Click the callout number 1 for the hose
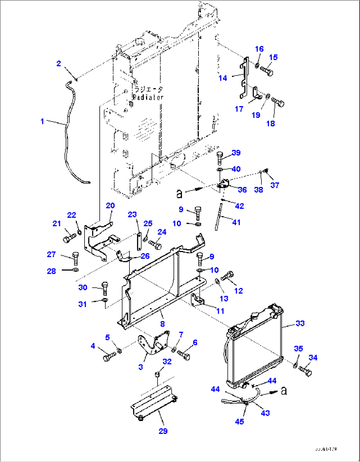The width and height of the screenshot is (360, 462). pos(42,122)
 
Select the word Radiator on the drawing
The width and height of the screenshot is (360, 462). pos(148,97)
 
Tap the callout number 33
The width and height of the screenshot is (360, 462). pos(300,323)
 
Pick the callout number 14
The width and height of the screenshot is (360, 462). pos(223,78)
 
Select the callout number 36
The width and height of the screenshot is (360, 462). pos(242,190)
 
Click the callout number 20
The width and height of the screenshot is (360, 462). pos(110,205)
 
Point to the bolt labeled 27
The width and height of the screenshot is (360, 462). pos(76,259)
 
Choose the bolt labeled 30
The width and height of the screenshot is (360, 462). pos(105,288)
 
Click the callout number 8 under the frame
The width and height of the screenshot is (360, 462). pos(162,324)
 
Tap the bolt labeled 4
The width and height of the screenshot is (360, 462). pos(109,357)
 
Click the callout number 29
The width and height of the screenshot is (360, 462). pos(163,431)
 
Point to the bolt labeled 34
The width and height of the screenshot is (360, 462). pos(306,371)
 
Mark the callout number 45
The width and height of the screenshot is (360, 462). pos(239,421)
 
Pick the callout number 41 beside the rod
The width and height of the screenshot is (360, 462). pos(236,222)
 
